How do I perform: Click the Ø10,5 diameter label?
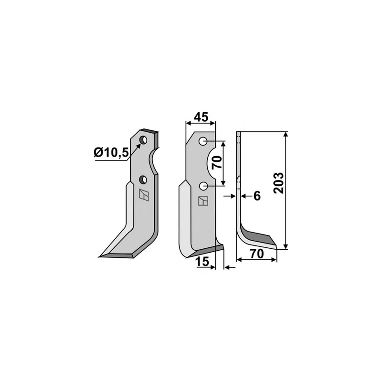(111, 153)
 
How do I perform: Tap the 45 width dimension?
(201, 117)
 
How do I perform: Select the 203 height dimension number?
(279, 183)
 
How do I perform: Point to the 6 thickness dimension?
(257, 196)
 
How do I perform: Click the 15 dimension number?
(202, 262)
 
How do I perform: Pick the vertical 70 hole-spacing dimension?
(217, 163)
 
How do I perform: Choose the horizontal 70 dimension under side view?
(257, 254)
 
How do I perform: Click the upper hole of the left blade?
(143, 140)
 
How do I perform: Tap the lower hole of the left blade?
(143, 180)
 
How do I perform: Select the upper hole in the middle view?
(203, 141)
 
